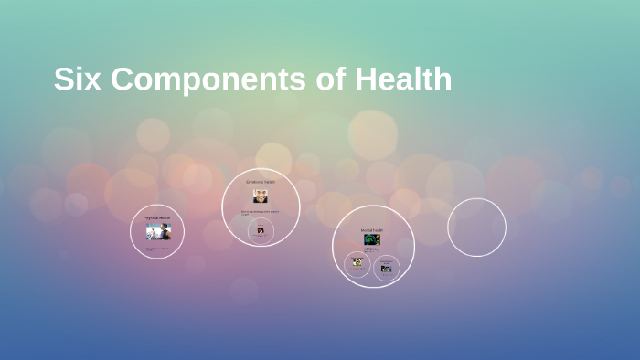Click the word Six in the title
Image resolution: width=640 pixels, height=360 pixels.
74,79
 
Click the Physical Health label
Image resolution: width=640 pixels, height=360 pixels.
157,217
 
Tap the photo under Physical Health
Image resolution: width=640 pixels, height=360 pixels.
157,232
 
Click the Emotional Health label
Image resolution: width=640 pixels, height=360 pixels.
261,182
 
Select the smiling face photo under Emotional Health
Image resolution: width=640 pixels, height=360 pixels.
261,196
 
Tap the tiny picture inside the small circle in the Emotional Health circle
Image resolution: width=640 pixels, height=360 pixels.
261,230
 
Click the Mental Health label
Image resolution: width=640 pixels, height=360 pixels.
372,230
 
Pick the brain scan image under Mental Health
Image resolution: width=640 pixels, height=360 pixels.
372,240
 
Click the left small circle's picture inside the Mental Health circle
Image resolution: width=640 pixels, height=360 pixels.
357,263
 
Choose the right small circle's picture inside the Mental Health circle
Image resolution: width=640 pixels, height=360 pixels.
387,269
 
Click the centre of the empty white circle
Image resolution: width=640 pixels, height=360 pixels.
476,228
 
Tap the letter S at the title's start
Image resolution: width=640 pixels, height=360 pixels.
63,79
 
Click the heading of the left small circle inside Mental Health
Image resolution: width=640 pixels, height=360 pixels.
357,258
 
